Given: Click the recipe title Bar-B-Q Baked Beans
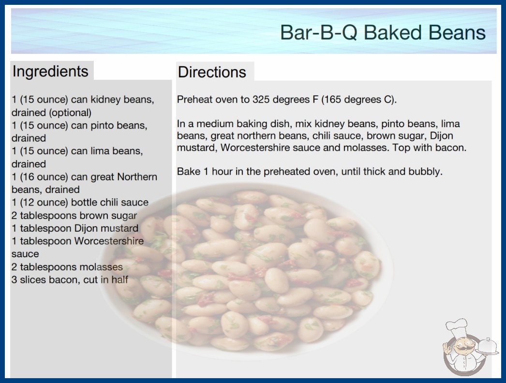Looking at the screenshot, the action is tap(383, 32).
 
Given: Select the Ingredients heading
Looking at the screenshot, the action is tap(50, 72).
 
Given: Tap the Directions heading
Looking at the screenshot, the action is tap(212, 72).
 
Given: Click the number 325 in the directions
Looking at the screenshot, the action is tap(261, 100).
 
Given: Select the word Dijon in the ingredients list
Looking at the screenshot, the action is tap(85, 228).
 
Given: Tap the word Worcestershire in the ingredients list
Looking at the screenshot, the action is tap(109, 241).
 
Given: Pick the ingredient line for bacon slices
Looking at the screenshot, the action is tap(70, 280).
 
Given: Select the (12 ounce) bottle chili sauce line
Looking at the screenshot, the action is tap(80, 202).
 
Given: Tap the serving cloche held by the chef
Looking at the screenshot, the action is tap(488, 347).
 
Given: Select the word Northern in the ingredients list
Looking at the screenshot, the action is tap(137, 177).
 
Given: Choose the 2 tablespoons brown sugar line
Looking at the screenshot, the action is tap(74, 216).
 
